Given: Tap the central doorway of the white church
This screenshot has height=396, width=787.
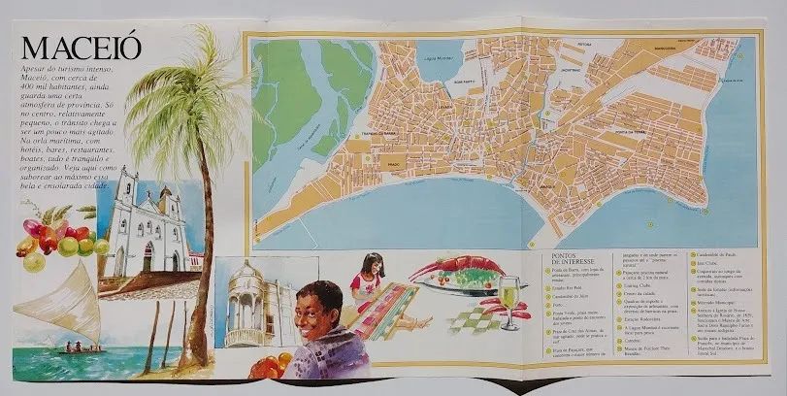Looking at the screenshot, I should [x=148, y=258].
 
